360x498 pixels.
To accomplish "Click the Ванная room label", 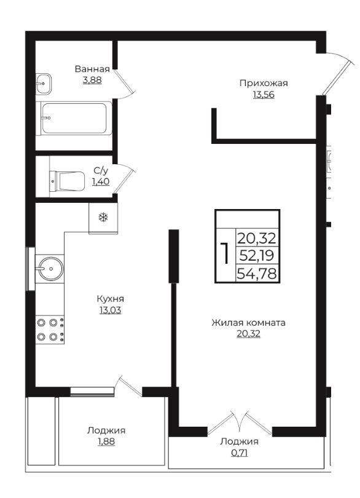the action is [92, 69].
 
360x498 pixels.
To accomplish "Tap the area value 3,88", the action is [92, 80].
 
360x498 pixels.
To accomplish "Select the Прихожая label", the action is [264, 83].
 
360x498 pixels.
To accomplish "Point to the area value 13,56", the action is [264, 95].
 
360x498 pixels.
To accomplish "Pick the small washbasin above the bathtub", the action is [43, 84].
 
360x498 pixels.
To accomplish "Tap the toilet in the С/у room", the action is [67, 181].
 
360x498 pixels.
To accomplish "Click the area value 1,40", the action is [101, 181].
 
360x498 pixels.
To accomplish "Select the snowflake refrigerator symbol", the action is [103, 218].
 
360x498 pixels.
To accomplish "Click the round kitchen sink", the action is [50, 269].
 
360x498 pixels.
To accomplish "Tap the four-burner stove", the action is [50, 330].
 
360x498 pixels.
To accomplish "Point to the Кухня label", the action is [110, 299].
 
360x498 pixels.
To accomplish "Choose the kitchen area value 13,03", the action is [110, 310].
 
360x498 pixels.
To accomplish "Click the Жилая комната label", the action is [248, 323].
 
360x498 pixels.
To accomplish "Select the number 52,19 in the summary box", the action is [257, 255].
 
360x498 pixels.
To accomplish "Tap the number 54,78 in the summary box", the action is [257, 273].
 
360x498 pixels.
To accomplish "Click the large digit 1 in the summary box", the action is [225, 253].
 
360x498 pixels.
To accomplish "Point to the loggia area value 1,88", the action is [106, 441].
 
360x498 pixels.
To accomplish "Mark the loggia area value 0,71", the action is [240, 453].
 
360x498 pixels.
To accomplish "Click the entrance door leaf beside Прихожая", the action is [337, 79].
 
